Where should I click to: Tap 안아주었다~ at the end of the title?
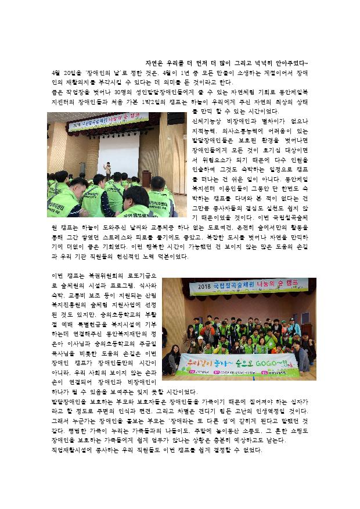(x=294, y=63)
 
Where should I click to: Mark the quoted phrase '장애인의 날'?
(x=98, y=73)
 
